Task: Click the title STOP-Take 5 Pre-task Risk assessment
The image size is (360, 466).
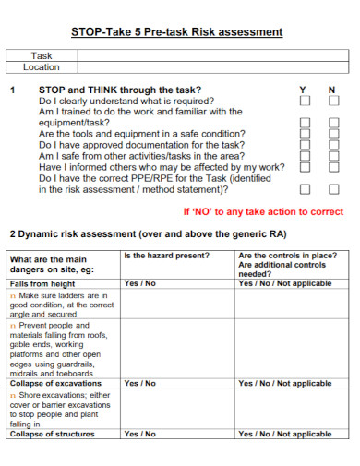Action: click(176, 31)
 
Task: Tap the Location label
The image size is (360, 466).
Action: click(42, 67)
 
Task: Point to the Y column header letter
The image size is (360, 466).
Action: click(303, 90)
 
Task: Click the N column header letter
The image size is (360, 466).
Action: click(332, 90)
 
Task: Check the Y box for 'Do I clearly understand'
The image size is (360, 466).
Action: click(306, 101)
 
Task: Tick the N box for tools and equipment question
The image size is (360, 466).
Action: click(333, 133)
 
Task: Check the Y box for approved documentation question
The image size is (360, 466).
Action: click(306, 145)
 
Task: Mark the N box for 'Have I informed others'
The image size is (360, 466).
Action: click(333, 167)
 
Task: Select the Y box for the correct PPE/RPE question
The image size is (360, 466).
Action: click(306, 188)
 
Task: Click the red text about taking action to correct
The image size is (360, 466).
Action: click(263, 211)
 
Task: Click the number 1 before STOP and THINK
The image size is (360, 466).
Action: click(12, 90)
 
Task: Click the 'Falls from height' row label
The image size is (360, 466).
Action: click(42, 283)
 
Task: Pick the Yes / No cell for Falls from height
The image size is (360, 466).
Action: click(140, 283)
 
